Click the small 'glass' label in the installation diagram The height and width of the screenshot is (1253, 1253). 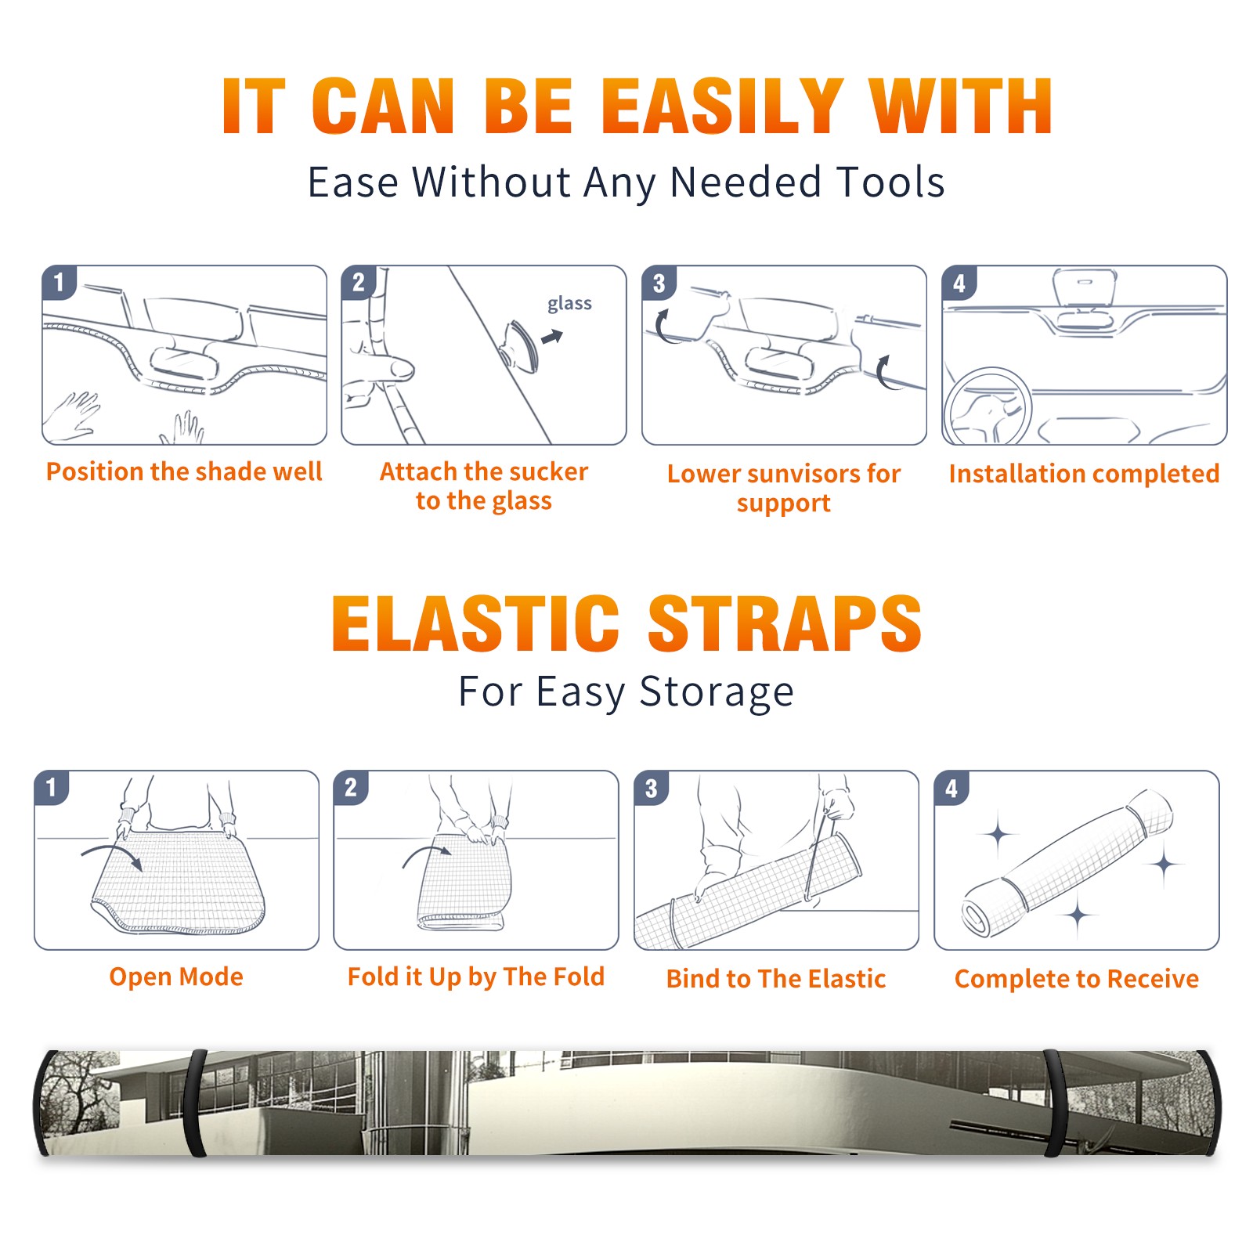[569, 304]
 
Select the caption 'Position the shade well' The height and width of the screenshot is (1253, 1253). [184, 471]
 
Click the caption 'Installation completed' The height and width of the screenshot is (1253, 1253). [1084, 474]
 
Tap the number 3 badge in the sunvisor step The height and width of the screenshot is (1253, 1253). [659, 283]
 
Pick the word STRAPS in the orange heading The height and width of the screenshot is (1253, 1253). [785, 623]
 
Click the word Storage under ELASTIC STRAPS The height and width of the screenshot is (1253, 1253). [717, 692]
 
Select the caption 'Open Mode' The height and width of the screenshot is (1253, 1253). [176, 977]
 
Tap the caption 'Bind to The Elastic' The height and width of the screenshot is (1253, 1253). [776, 979]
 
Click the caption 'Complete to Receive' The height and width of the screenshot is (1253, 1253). [1077, 979]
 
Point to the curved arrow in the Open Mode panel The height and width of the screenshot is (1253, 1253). [111, 850]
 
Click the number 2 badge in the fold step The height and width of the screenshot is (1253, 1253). [351, 788]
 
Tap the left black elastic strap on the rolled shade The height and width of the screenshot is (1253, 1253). [195, 1103]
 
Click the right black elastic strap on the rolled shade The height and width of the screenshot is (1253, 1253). [1055, 1103]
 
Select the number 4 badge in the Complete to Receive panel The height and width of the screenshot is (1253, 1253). [951, 788]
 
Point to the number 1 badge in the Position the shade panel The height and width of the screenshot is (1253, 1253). [59, 282]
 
